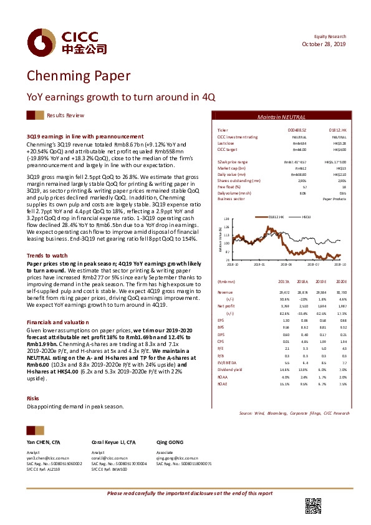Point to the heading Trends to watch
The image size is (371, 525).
click(x=47, y=256)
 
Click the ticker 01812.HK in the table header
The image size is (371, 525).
click(x=337, y=130)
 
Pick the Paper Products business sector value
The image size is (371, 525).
click(x=334, y=199)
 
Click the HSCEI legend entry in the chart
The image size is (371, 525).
click(x=307, y=216)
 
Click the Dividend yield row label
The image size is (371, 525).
click(x=229, y=353)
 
